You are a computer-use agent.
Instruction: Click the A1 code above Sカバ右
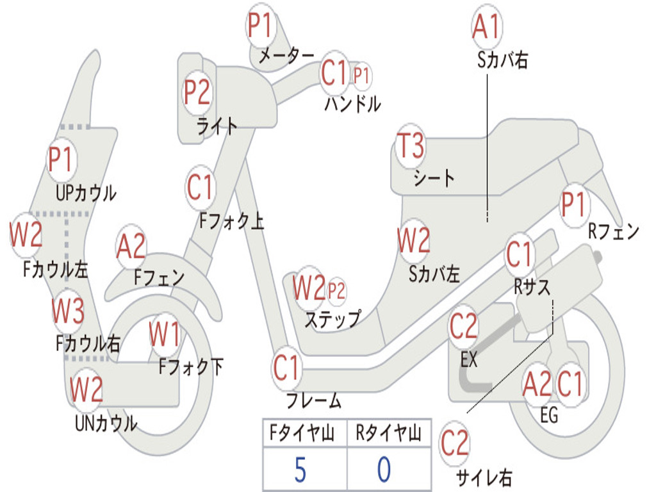[487, 26]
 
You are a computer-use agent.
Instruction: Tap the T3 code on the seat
[411, 145]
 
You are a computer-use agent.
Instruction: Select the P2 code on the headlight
[197, 92]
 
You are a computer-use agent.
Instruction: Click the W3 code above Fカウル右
[68, 311]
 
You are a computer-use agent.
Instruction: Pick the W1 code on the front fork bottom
[165, 334]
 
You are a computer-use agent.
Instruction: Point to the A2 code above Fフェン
[131, 247]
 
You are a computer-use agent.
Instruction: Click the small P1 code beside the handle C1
[361, 77]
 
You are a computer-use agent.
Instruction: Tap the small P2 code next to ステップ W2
[336, 290]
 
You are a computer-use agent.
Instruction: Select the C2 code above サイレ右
[454, 443]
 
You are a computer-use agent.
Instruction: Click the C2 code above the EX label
[463, 326]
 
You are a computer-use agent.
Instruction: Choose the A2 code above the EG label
[537, 384]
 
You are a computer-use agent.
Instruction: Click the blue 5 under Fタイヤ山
[300, 470]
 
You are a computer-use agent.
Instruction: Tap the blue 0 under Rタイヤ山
[384, 470]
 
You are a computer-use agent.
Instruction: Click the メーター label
[286, 56]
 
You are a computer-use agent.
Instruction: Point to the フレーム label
[314, 400]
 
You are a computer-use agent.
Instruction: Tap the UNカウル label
[106, 423]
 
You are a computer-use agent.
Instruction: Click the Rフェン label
[614, 231]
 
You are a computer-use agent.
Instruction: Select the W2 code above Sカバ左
[414, 241]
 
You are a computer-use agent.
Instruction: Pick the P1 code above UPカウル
[61, 160]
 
